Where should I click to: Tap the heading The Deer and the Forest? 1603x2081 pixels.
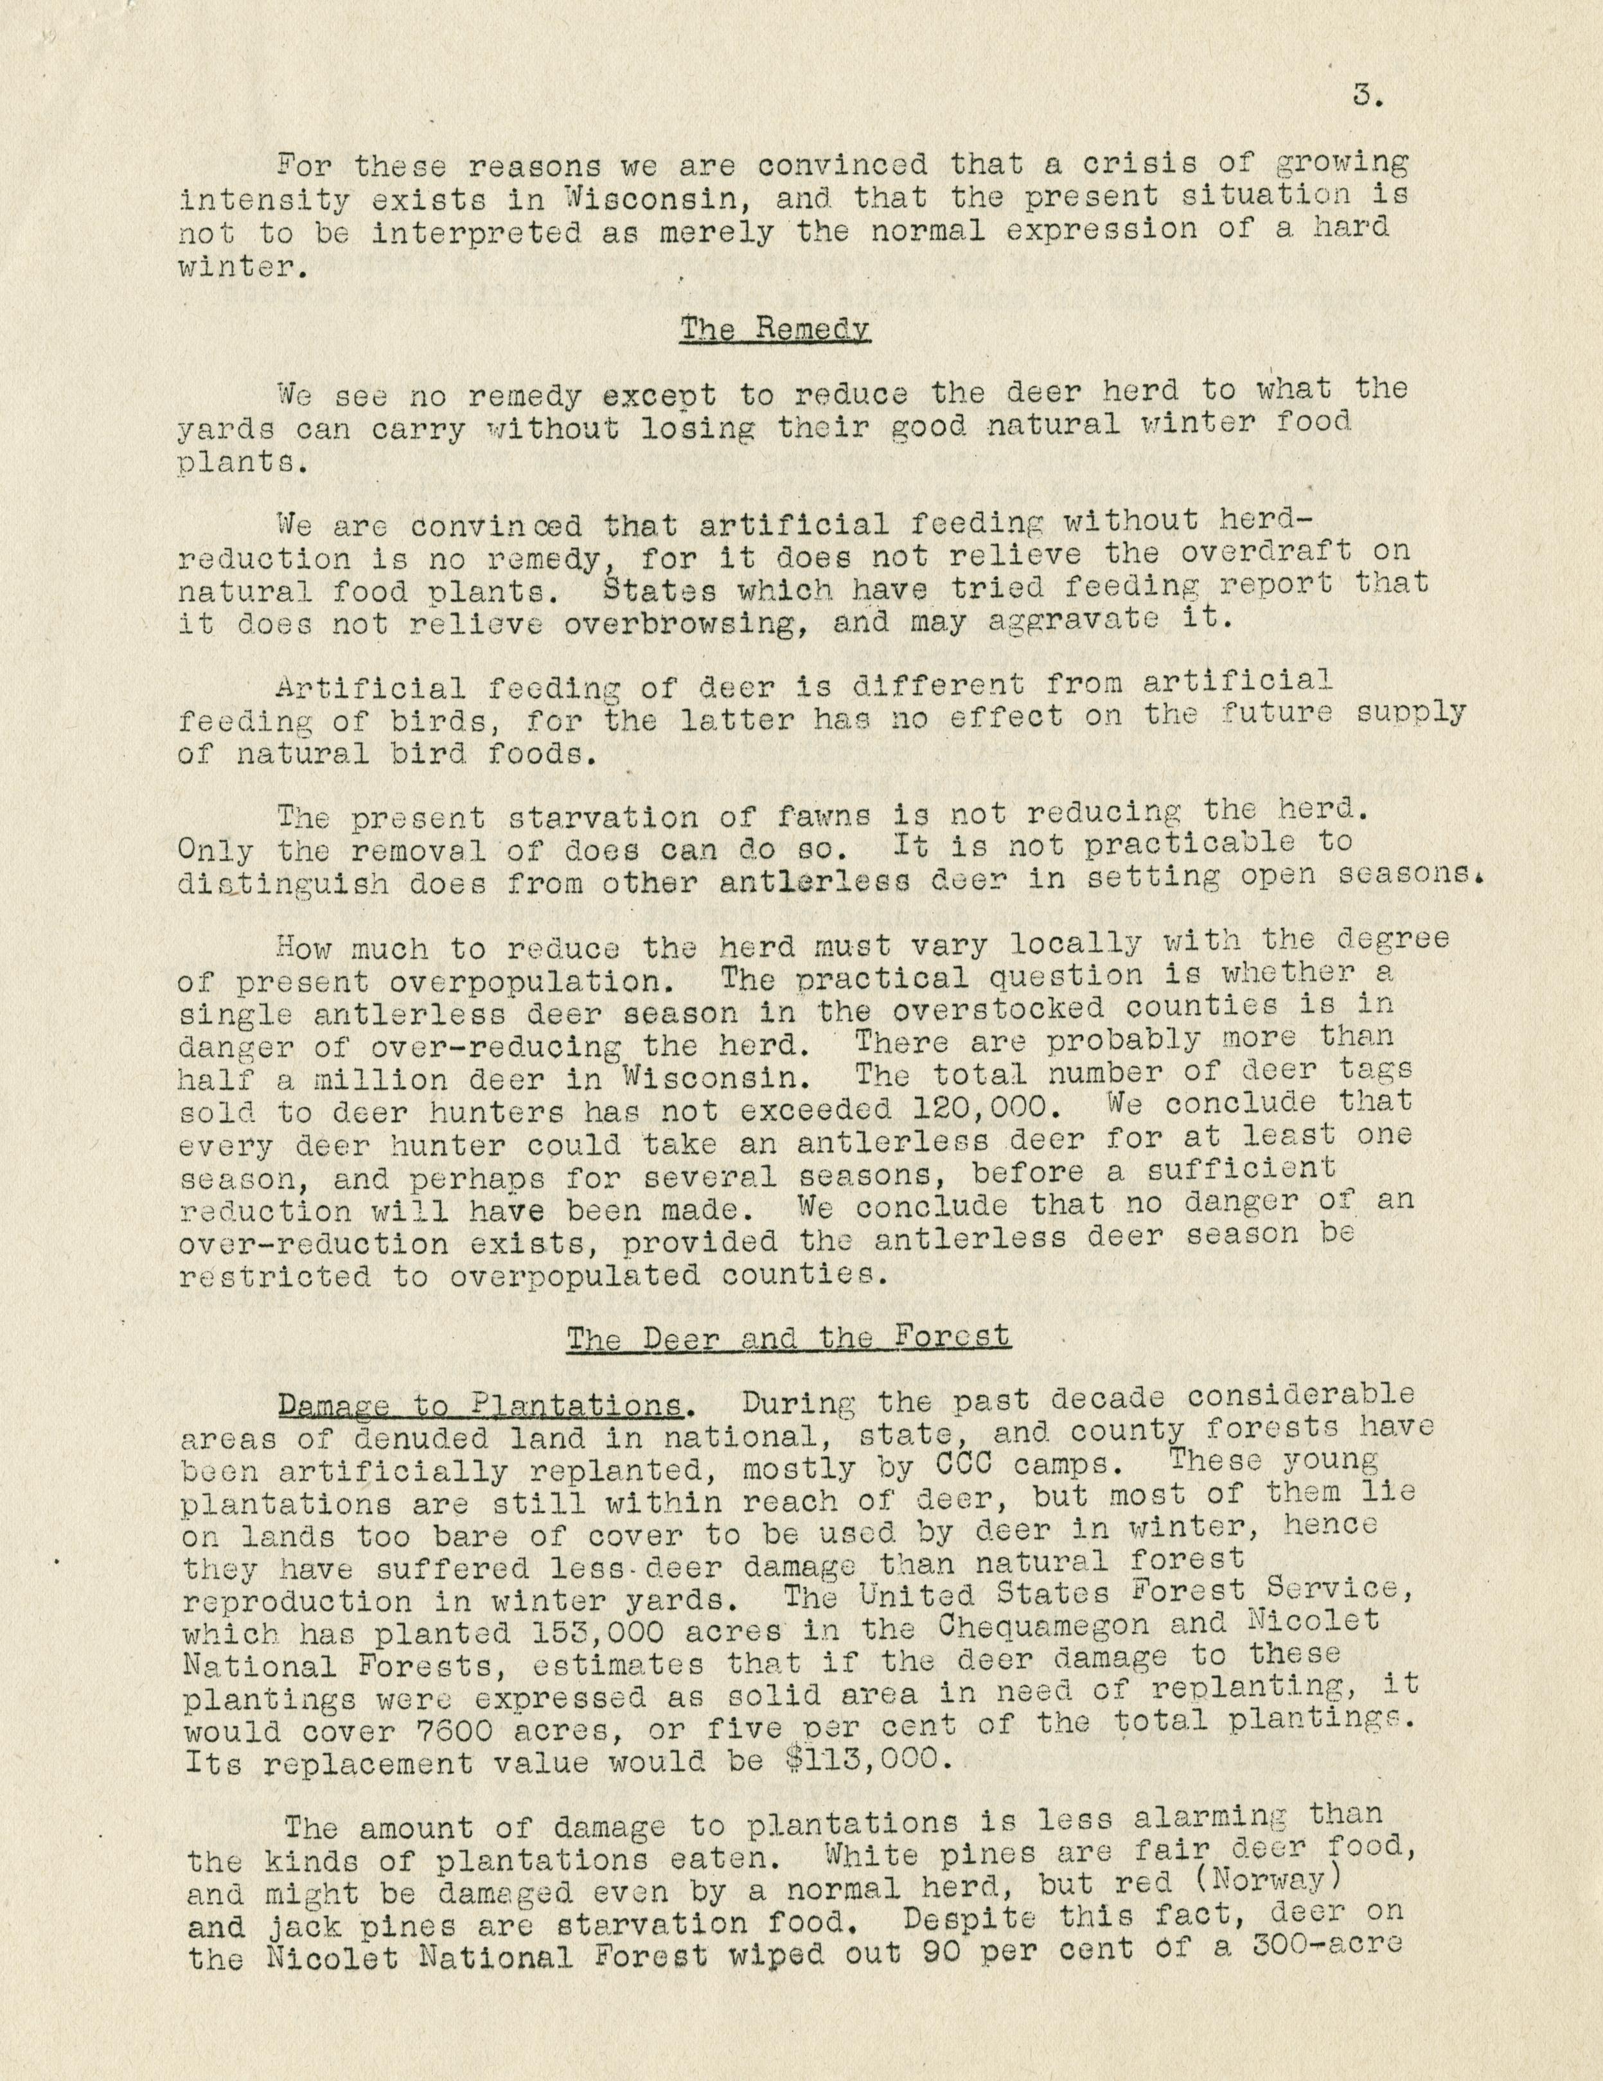point(788,1337)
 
